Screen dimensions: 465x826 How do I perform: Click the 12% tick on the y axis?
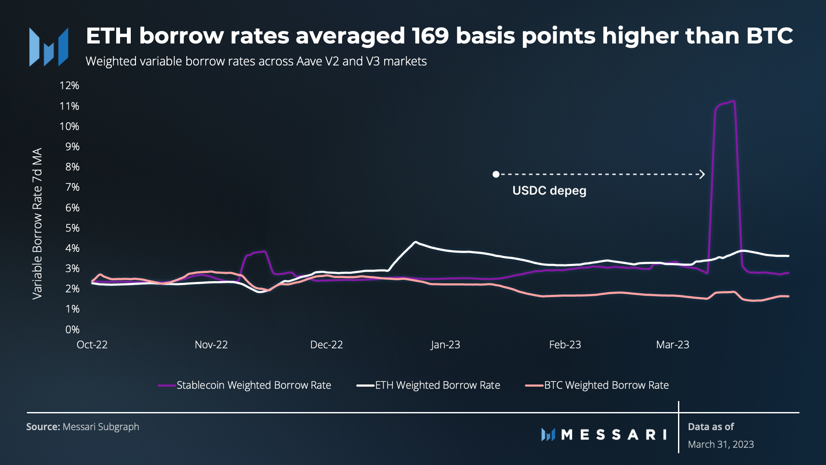[69, 86]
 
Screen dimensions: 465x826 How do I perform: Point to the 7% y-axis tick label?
[72, 187]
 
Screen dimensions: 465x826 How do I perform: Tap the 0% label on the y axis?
[72, 330]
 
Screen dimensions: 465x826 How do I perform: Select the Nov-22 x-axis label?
[211, 345]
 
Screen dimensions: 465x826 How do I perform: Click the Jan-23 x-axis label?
[445, 345]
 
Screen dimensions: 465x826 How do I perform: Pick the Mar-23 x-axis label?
[672, 345]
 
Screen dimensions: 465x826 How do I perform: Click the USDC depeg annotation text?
[549, 191]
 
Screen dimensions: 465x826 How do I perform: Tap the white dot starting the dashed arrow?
[496, 174]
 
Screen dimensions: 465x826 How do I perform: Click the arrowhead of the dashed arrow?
[702, 174]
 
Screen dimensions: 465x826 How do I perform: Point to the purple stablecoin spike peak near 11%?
[733, 102]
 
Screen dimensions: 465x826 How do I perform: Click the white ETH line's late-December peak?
[415, 242]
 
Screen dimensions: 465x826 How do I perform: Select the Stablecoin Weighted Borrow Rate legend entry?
[253, 385]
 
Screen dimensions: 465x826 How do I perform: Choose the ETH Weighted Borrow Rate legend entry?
[437, 385]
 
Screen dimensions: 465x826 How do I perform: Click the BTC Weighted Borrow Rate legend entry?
[606, 385]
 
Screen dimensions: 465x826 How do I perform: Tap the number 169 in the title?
[430, 36]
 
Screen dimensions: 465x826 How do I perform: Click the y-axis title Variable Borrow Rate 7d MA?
[37, 223]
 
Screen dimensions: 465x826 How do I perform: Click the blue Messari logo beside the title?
[49, 47]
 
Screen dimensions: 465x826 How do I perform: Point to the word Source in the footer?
[43, 427]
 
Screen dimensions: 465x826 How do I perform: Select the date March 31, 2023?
[721, 444]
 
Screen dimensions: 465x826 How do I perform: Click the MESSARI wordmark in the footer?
[613, 435]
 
